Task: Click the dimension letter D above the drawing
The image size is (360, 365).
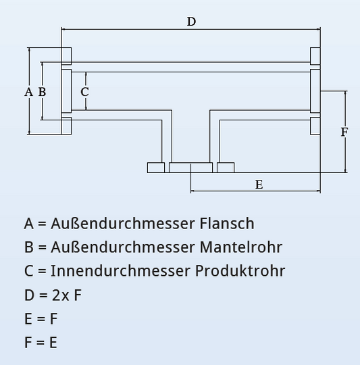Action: click(191, 22)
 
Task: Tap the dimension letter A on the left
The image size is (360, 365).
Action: click(28, 91)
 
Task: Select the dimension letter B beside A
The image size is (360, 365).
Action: click(42, 91)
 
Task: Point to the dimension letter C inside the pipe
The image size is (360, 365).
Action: click(84, 91)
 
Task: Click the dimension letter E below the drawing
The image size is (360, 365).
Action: click(259, 184)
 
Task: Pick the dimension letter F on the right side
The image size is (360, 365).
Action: click(344, 132)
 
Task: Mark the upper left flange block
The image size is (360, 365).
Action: click(66, 56)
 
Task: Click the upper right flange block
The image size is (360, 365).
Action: click(315, 56)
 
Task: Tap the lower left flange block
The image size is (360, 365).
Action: click(66, 126)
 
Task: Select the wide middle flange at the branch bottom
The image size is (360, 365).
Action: click(190, 168)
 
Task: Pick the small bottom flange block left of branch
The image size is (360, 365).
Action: click(156, 168)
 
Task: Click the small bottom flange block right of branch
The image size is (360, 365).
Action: click(226, 168)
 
